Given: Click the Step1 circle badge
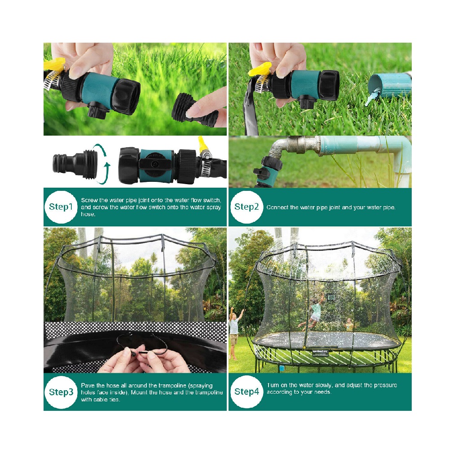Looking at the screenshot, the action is click(x=61, y=207).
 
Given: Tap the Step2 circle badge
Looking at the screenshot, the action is click(x=247, y=207).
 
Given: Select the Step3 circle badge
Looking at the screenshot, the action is click(x=61, y=392).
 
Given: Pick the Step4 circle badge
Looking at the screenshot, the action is click(x=247, y=392).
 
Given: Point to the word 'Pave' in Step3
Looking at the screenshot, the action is click(x=88, y=385).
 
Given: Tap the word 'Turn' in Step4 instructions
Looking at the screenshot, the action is click(x=273, y=385).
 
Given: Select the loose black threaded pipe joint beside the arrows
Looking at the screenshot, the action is click(x=75, y=164).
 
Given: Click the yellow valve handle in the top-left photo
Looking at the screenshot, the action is click(x=54, y=64).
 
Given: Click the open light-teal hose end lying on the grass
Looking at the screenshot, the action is click(x=388, y=86).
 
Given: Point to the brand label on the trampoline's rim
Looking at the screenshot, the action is click(x=320, y=352).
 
